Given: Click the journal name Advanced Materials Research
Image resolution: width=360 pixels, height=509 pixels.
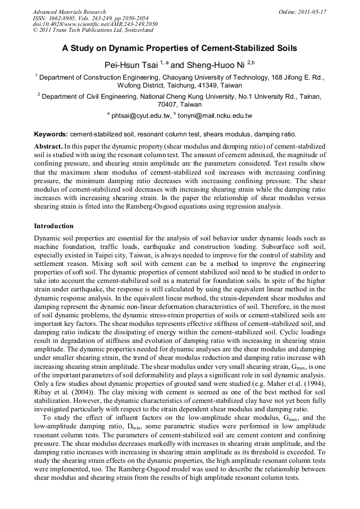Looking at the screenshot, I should [x=69, y=12].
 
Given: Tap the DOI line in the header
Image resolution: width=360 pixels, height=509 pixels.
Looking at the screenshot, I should [x=95, y=24].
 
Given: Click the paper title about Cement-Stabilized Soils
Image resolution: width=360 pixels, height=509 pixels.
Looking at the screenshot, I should [x=179, y=48].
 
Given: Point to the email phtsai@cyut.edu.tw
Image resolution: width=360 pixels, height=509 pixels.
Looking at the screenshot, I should [x=140, y=115].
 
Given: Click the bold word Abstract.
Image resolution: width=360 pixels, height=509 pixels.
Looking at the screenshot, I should [x=48, y=145].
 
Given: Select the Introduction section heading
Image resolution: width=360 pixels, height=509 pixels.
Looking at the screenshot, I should [x=54, y=226].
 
